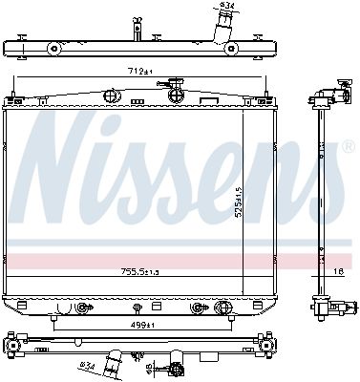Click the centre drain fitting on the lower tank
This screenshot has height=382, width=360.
tap(138, 308)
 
